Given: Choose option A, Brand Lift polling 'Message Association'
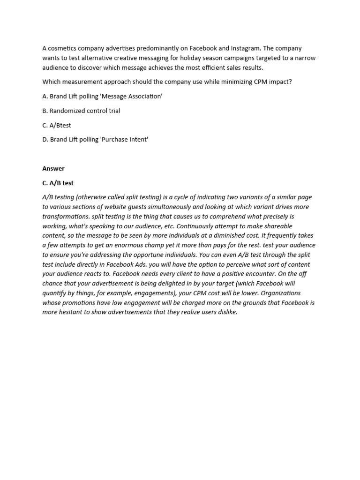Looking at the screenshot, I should pyautogui.click(x=102, y=96).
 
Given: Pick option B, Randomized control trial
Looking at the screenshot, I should pyautogui.click(x=81, y=111).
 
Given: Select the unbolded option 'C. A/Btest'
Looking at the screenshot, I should pyautogui.click(x=57, y=125).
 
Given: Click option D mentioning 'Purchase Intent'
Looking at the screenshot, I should pyautogui.click(x=95, y=140).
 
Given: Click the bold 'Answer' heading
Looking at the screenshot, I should pyautogui.click(x=53, y=168).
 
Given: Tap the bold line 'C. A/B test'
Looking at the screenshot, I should pyautogui.click(x=58, y=183).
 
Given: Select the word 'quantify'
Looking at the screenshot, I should pyautogui.click(x=56, y=293).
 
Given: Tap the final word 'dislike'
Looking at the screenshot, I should pyautogui.click(x=226, y=312).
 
